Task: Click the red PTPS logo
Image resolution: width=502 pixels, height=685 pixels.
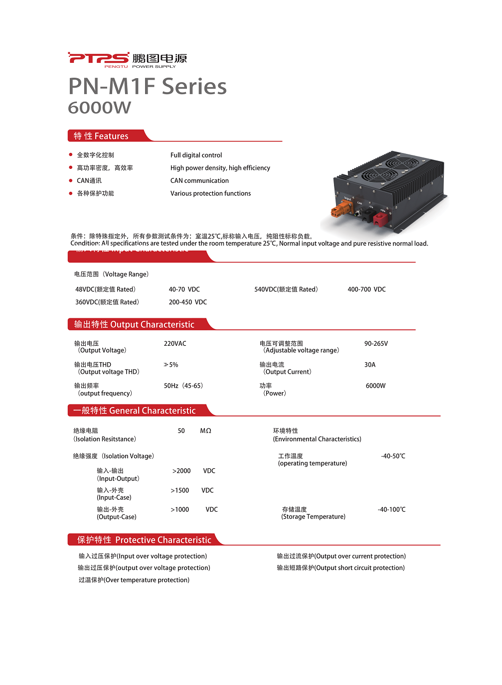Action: click(x=98, y=58)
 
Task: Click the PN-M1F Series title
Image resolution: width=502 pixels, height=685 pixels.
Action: click(x=147, y=86)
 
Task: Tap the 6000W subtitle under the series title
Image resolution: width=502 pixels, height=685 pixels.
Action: click(x=99, y=108)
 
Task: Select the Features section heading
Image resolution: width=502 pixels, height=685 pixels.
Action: click(x=101, y=136)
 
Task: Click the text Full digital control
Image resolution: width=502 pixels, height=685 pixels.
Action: click(x=196, y=155)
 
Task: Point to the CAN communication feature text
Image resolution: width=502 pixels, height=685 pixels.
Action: click(x=199, y=180)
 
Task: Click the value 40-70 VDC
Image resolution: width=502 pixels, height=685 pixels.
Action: click(x=184, y=289)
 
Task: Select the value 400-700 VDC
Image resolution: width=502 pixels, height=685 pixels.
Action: click(x=366, y=289)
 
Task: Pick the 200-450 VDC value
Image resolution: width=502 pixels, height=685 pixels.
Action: click(x=187, y=302)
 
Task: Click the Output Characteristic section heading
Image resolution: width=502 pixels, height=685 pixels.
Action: click(x=134, y=324)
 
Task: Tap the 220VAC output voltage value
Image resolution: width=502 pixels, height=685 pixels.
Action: click(x=175, y=343)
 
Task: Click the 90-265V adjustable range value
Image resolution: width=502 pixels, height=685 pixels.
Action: click(x=376, y=343)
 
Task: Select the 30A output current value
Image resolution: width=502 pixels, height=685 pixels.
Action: click(x=370, y=365)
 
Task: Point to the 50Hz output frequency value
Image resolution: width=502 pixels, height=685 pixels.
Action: click(x=183, y=386)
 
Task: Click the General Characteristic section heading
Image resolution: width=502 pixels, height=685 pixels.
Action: click(x=134, y=411)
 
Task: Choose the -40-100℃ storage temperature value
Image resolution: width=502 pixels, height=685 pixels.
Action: click(x=391, y=509)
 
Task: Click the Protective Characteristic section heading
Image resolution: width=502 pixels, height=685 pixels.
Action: click(x=144, y=540)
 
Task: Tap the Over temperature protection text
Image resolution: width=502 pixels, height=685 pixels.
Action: click(x=134, y=580)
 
